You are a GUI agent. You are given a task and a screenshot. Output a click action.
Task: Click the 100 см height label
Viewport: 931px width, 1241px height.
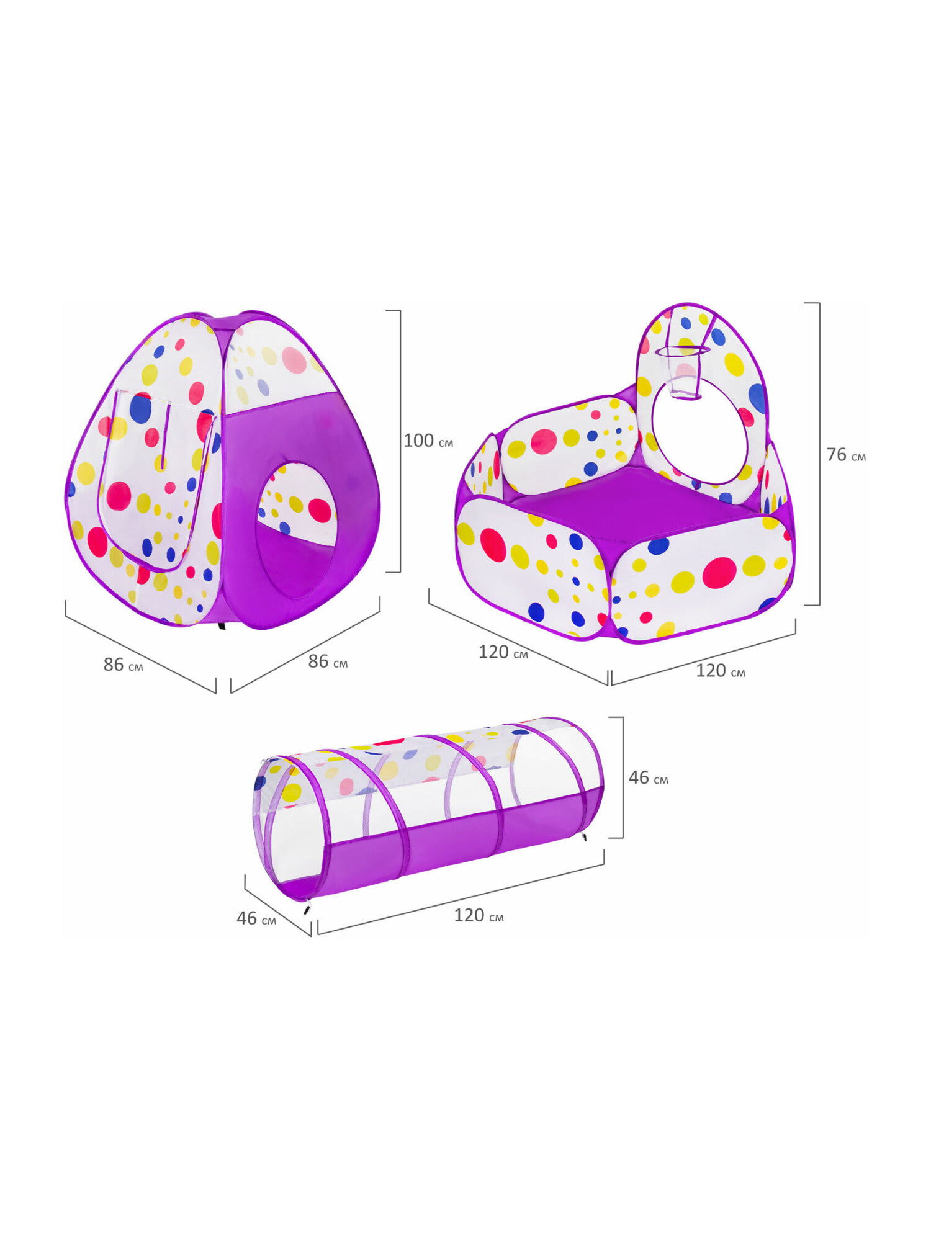pyautogui.click(x=428, y=441)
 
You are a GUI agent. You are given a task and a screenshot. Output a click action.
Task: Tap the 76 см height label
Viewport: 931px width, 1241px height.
pyautogui.click(x=846, y=455)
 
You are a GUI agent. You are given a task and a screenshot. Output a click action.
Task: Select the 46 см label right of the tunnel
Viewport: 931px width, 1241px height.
pyautogui.click(x=648, y=777)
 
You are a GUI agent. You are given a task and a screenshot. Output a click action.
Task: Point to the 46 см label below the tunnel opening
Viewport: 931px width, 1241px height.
pyautogui.click(x=256, y=918)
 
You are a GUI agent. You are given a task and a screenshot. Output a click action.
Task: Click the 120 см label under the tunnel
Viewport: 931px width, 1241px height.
pyautogui.click(x=479, y=915)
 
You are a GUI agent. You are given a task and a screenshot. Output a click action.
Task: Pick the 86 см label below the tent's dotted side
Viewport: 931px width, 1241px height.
pyautogui.click(x=123, y=665)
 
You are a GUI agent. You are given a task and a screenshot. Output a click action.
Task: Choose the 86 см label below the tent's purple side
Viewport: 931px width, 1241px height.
pyautogui.click(x=328, y=661)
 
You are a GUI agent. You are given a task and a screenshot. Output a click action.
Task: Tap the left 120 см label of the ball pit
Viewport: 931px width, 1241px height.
pyautogui.click(x=503, y=652)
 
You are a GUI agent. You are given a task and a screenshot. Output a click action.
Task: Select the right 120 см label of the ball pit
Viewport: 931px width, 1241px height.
pyautogui.click(x=720, y=671)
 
